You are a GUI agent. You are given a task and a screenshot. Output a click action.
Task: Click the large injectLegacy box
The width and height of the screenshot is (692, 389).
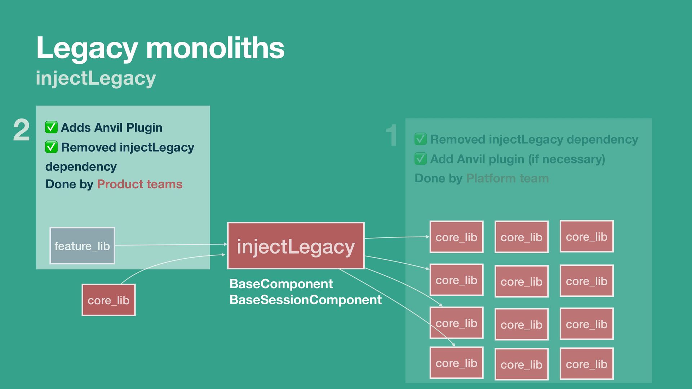pyautogui.click(x=296, y=246)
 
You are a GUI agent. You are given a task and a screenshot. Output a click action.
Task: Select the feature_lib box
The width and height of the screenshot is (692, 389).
pyautogui.click(x=82, y=246)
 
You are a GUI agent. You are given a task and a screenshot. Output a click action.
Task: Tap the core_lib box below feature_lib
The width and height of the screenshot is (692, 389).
pyautogui.click(x=108, y=300)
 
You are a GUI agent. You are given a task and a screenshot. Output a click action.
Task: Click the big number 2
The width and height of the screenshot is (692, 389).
pyautogui.click(x=21, y=130)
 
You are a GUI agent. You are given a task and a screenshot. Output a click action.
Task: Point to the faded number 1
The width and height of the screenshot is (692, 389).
pyautogui.click(x=392, y=135)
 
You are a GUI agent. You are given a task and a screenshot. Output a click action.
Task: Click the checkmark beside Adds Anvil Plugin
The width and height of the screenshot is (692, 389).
pyautogui.click(x=51, y=127)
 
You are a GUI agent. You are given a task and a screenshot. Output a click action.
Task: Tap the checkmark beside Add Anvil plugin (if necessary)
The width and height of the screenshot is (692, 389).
pyautogui.click(x=421, y=159)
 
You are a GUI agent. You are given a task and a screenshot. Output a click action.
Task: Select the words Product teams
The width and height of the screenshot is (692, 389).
pyautogui.click(x=139, y=184)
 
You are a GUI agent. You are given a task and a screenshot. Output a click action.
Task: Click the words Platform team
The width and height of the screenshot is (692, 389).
pyautogui.click(x=507, y=178)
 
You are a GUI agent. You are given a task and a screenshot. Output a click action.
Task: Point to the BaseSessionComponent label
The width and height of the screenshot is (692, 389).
pyautogui.click(x=305, y=300)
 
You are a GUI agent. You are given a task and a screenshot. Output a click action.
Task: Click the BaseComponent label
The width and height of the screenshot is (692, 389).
pyautogui.click(x=281, y=284)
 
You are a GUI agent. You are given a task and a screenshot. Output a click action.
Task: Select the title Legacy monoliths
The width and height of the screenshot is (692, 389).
pyautogui.click(x=160, y=48)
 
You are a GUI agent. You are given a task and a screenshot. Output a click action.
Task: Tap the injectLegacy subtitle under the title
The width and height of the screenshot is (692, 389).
pyautogui.click(x=96, y=78)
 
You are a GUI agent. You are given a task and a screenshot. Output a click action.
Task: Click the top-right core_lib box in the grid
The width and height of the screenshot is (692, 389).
pyautogui.click(x=586, y=237)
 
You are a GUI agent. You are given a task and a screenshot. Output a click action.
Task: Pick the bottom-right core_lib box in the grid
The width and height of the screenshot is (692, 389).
pyautogui.click(x=586, y=364)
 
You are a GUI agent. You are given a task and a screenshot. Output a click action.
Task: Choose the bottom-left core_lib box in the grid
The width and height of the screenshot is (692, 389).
pyautogui.click(x=456, y=363)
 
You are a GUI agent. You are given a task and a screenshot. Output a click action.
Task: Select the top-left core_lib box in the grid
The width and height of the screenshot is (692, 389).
pyautogui.click(x=456, y=237)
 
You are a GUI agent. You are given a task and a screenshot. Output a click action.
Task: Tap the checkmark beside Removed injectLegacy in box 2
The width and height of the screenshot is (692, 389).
pyautogui.click(x=51, y=147)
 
